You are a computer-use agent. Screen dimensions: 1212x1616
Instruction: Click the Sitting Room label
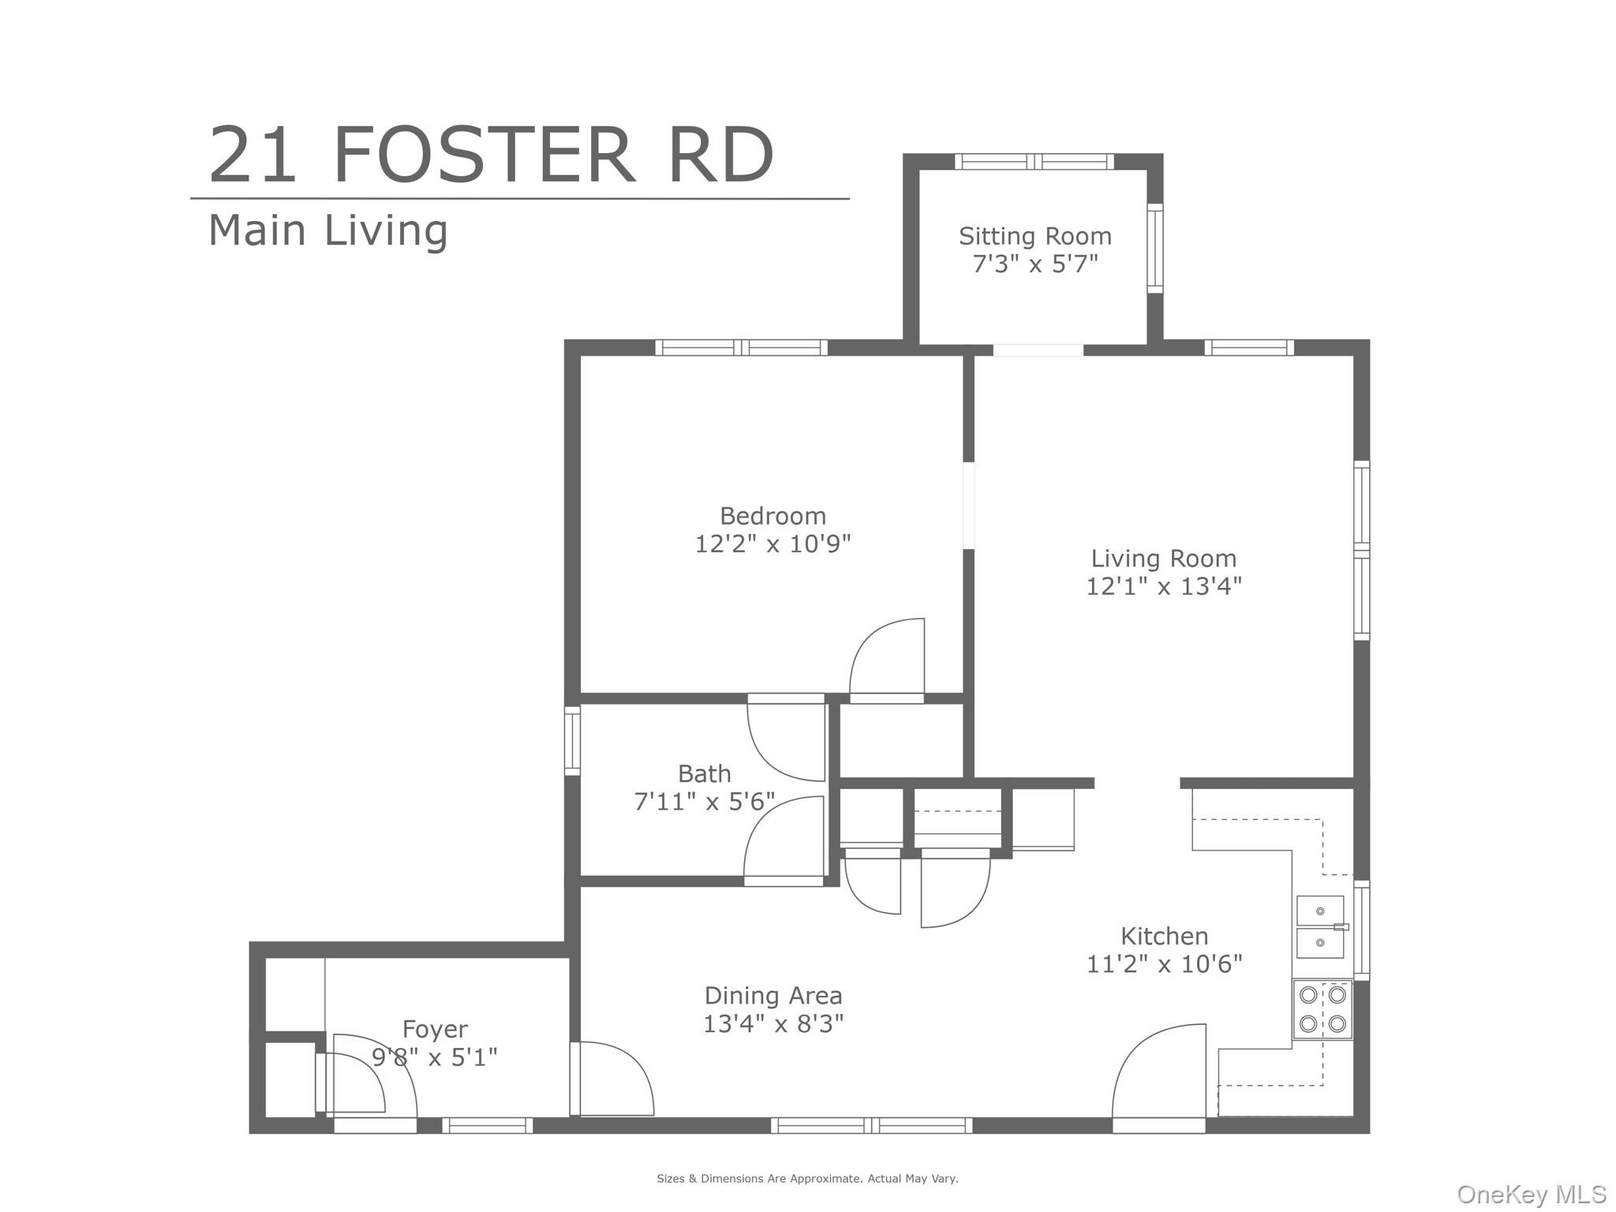pyautogui.click(x=1034, y=236)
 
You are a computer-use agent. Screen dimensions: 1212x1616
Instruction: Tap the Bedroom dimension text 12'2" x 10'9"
pyautogui.click(x=772, y=544)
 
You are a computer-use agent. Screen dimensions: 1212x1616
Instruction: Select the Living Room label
pyautogui.click(x=1163, y=559)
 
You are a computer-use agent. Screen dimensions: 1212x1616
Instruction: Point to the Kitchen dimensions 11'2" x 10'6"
pyautogui.click(x=1164, y=964)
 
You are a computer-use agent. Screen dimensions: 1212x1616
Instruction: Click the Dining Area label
pyautogui.click(x=772, y=996)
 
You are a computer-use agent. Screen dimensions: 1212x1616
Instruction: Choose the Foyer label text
pyautogui.click(x=435, y=1029)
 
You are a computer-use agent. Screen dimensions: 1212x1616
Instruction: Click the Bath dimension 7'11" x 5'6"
pyautogui.click(x=704, y=802)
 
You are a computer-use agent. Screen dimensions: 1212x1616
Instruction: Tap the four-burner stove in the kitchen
pyautogui.click(x=1322, y=1009)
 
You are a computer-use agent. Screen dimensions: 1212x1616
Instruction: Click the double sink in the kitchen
pyautogui.click(x=1320, y=927)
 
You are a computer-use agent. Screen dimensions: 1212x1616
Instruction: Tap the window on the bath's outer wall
pyautogui.click(x=572, y=740)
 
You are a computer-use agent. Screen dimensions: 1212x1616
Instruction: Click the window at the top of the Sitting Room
pyautogui.click(x=1034, y=162)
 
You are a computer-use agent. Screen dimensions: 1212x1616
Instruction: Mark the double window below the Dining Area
pyautogui.click(x=871, y=1125)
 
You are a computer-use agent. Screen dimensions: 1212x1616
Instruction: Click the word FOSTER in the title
pyautogui.click(x=484, y=155)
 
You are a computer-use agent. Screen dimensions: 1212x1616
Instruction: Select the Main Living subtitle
pyautogui.click(x=327, y=230)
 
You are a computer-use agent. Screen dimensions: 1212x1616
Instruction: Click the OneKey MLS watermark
pyautogui.click(x=1531, y=1195)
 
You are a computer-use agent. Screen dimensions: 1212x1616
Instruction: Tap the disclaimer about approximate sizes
pyautogui.click(x=807, y=1179)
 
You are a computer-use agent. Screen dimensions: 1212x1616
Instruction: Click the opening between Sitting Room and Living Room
pyautogui.click(x=1038, y=350)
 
